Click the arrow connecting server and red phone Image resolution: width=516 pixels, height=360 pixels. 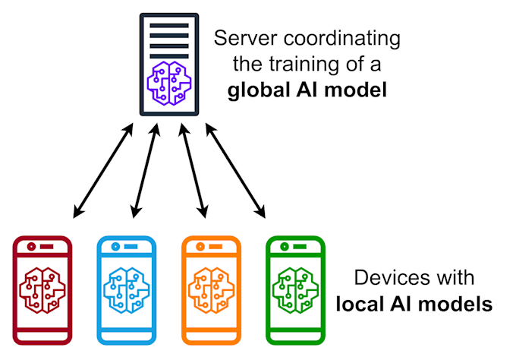coord(102,172)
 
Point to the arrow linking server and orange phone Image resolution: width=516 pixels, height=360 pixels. coord(191,172)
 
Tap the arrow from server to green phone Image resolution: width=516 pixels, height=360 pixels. coord(236,172)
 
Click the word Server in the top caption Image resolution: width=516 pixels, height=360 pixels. coord(238,38)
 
